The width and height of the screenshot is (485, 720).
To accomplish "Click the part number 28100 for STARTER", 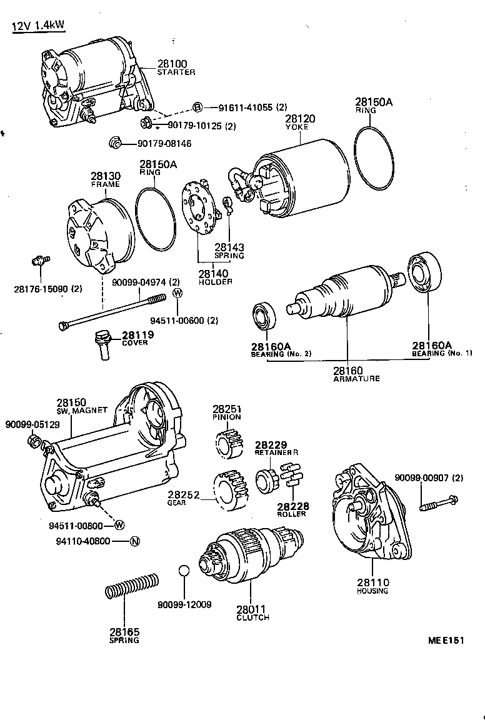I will click(x=171, y=64).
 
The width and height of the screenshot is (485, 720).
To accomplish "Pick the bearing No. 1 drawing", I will click(x=425, y=273).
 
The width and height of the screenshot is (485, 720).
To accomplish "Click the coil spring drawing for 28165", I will click(x=131, y=587).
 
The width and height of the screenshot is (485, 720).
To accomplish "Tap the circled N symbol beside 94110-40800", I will click(x=134, y=541).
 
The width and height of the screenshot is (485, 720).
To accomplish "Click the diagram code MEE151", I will click(x=447, y=641).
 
